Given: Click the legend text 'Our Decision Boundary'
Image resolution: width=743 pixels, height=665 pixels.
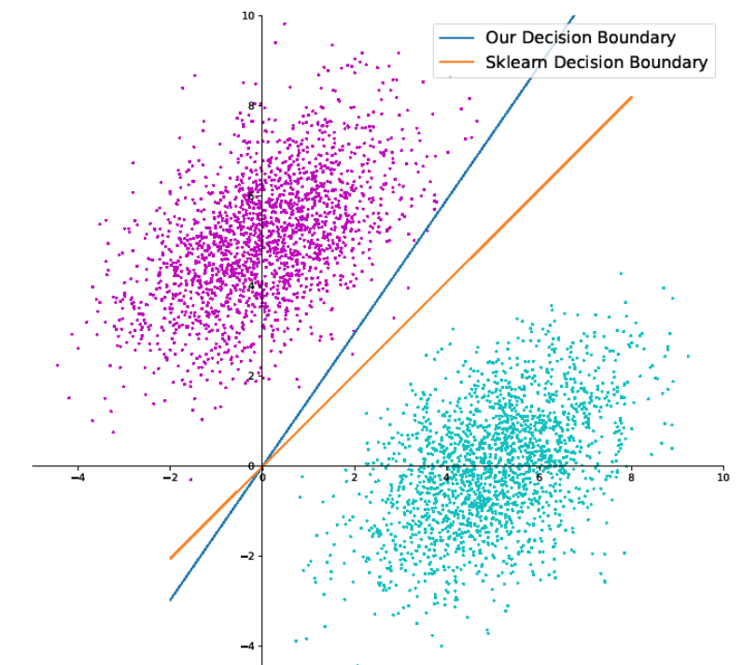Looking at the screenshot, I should pos(581,38).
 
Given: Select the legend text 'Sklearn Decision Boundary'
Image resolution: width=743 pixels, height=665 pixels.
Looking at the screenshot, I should pos(596,63).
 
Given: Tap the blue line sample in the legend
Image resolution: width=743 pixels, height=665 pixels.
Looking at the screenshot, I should pos(457,39).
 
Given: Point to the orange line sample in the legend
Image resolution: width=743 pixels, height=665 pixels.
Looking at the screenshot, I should pos(457,64).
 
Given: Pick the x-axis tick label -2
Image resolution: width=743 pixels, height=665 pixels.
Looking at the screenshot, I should pos(169,478).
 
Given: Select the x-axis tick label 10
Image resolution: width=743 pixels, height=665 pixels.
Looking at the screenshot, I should pos(722,478).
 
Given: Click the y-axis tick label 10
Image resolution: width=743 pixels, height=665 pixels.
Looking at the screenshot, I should pos(247,16).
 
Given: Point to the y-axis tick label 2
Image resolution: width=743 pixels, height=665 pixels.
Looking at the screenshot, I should pos(251,376).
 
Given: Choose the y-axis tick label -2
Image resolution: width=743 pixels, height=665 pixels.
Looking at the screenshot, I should pos(247,556).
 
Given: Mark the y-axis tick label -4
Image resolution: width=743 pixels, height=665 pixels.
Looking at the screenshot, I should pos(247,645).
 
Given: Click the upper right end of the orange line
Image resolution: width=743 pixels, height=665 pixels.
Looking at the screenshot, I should pos(632,97).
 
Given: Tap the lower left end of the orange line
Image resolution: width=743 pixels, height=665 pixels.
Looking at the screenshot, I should pos(170,559).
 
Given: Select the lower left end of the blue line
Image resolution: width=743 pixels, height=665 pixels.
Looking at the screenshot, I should pos(170,600).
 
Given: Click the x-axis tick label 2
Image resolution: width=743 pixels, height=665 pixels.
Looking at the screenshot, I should pos(355,478).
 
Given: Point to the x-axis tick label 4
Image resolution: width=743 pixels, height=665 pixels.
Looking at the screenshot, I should pos(447,478).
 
